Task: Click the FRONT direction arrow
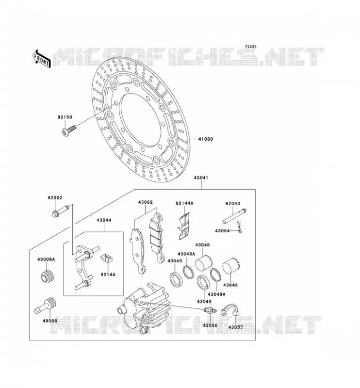click(42, 59)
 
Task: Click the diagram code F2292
click(251, 47)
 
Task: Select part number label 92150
click(65, 117)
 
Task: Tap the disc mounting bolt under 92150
click(69, 130)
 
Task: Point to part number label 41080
click(206, 139)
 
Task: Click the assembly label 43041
click(201, 178)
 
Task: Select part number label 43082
click(146, 202)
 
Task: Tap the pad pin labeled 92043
click(234, 216)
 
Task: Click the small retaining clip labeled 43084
click(239, 227)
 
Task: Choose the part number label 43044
click(104, 220)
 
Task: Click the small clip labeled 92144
click(107, 259)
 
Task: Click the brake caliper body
click(144, 307)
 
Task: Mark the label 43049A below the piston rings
click(216, 294)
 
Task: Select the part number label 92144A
click(184, 203)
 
